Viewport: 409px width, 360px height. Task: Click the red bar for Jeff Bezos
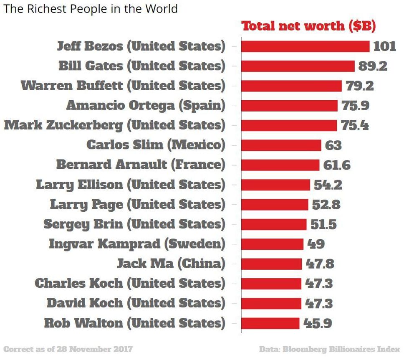[305, 46]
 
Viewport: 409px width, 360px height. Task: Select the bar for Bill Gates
[298, 66]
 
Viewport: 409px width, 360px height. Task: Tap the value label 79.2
[359, 86]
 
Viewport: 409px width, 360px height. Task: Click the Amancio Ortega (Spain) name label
[146, 105]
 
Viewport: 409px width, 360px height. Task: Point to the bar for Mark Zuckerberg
[289, 125]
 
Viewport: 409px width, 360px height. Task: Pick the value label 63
[333, 145]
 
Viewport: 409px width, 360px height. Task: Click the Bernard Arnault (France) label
[141, 165]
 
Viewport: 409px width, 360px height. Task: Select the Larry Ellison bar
[275, 185]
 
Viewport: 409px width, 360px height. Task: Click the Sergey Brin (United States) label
[134, 224]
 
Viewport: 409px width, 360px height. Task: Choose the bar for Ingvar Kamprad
[272, 244]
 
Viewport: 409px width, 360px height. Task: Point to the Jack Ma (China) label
[171, 264]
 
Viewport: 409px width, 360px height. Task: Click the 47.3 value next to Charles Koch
[319, 284]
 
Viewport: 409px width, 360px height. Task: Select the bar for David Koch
[271, 303]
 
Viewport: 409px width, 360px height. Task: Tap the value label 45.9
[318, 323]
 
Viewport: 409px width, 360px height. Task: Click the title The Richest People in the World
[91, 9]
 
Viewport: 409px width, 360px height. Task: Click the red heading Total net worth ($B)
[309, 26]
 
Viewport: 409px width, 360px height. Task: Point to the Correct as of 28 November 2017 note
[68, 349]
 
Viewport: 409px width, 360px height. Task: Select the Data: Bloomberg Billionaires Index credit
[329, 349]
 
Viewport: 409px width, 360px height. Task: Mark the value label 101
[384, 46]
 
